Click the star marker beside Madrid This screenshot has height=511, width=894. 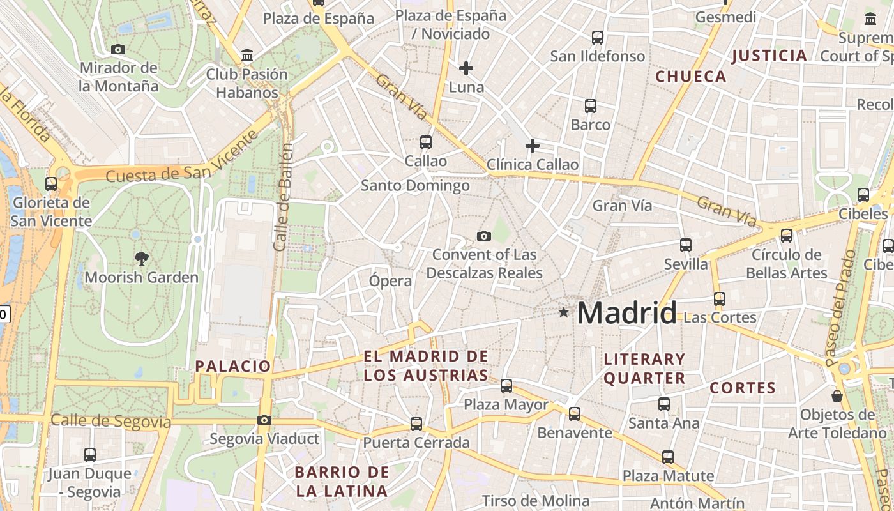click(563, 312)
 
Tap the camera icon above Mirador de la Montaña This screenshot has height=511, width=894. click(117, 50)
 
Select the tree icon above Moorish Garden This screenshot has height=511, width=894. click(141, 259)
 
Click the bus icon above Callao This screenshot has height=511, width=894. click(426, 142)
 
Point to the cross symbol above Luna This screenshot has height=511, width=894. click(466, 68)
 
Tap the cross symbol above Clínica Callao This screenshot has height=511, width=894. click(532, 146)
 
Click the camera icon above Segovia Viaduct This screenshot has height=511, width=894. click(264, 420)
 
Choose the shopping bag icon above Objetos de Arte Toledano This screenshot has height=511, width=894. click(837, 396)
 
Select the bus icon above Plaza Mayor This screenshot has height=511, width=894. click(506, 386)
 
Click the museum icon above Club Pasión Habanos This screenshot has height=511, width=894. click(247, 56)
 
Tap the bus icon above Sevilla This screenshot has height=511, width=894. click(686, 245)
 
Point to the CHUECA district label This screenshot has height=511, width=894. click(691, 77)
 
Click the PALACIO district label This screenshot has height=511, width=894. click(233, 366)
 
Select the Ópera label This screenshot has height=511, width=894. click(390, 280)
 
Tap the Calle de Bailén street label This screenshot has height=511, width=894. click(283, 197)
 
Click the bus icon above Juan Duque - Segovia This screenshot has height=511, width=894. click(90, 455)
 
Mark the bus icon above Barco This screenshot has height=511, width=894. click(591, 106)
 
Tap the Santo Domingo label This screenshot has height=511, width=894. click(415, 186)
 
